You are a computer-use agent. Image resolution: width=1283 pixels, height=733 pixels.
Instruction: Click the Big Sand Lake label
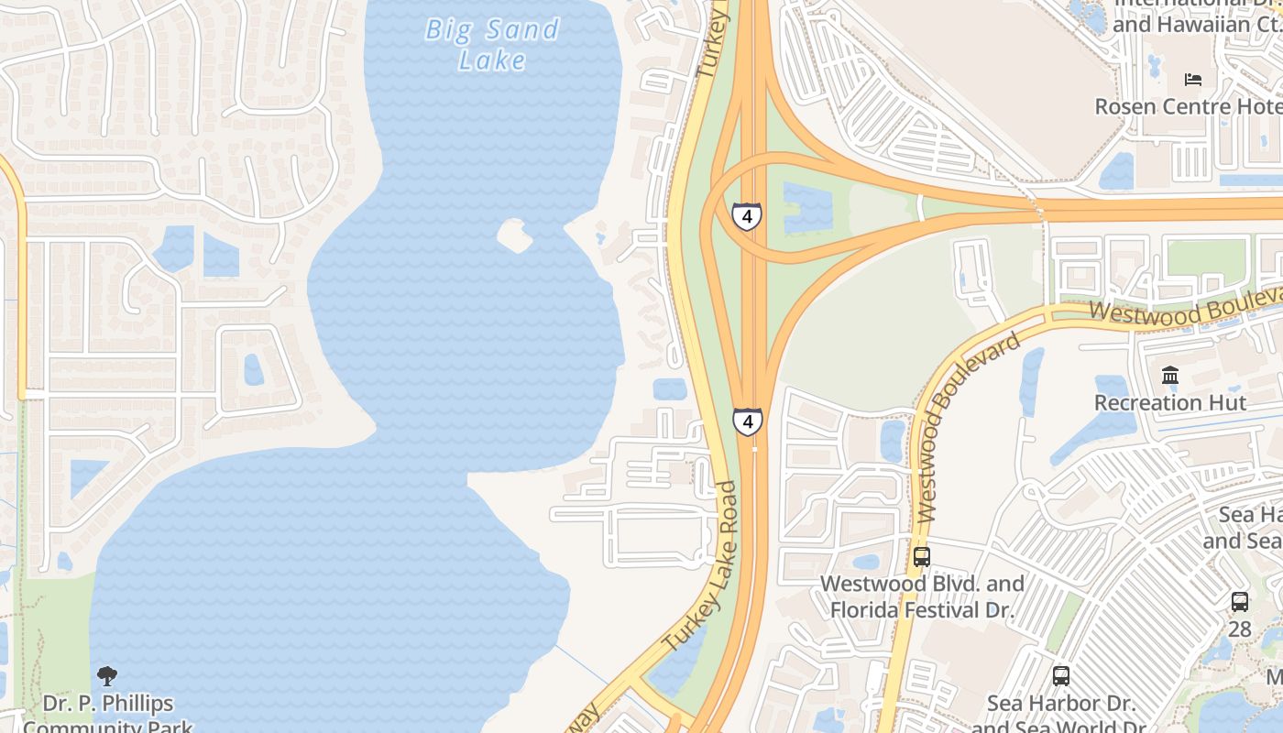[492, 44]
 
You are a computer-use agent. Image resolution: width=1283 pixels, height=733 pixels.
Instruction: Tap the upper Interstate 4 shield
[747, 217]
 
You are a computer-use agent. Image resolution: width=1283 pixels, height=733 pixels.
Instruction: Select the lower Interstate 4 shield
[748, 421]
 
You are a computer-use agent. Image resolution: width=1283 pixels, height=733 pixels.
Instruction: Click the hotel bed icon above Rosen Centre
[1192, 79]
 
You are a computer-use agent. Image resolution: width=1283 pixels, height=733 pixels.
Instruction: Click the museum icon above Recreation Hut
[1169, 376]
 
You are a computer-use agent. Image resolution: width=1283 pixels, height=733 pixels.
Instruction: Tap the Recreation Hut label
[1169, 403]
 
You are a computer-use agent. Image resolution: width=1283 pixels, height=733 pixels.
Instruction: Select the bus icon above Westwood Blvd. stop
[921, 556]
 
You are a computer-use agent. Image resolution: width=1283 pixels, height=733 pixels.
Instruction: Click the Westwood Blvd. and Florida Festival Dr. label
[922, 596]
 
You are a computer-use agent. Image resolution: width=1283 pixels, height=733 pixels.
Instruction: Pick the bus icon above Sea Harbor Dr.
[1060, 676]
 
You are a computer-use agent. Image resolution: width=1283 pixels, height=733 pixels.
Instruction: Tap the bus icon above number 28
[1239, 602]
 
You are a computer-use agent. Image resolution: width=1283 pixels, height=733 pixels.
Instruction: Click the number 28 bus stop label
[1239, 629]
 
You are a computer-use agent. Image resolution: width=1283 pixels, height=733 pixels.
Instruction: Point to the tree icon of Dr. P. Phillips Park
[107, 676]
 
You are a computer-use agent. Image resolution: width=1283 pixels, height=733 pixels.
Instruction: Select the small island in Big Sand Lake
[514, 235]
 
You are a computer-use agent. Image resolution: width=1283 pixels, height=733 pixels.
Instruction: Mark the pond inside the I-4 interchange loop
[805, 207]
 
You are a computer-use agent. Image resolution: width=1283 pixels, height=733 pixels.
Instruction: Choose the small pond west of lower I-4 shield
[670, 389]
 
